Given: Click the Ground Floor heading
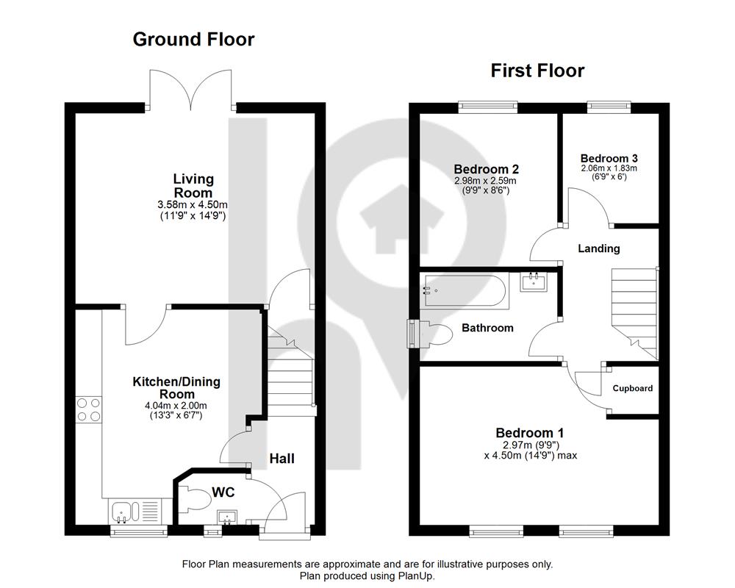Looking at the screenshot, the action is click(193, 40).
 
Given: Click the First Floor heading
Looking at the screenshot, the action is click(537, 71).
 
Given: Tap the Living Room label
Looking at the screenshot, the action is click(193, 186).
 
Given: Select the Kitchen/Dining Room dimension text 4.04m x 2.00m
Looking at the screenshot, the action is click(176, 406).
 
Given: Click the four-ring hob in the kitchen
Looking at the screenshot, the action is click(89, 409).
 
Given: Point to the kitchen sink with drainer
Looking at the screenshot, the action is click(136, 511).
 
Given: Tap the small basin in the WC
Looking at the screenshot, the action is click(227, 517).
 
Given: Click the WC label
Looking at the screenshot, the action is click(223, 492).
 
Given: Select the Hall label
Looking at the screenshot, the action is click(282, 459).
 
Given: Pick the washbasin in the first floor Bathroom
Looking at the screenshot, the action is click(534, 282).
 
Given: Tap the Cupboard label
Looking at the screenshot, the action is click(632, 388).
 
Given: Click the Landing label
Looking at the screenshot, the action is click(598, 248).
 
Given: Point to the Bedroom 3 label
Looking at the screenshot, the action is click(609, 159).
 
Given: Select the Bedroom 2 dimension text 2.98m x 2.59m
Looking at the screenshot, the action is click(485, 181).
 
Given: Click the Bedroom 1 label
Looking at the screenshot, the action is click(530, 433).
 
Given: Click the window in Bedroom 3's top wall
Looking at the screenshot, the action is click(609, 107).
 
